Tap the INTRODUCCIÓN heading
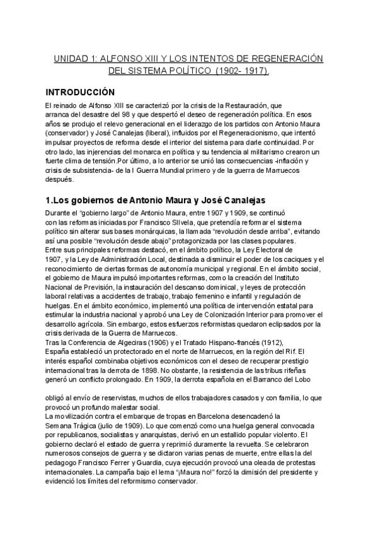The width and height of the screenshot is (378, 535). [80, 91]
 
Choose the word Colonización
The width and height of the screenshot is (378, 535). [236, 315]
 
